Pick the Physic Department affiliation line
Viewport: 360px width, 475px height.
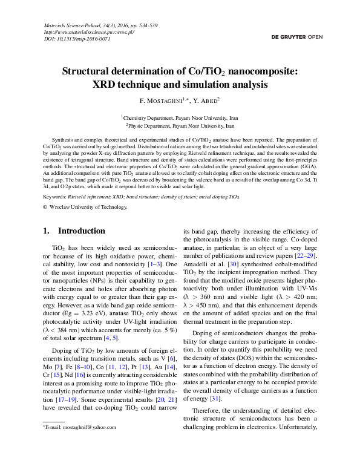pyautogui.click(x=179, y=126)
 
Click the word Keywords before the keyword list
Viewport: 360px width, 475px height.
pyautogui.click(x=55, y=197)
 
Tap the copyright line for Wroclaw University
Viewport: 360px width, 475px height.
pyautogui.click(x=88, y=207)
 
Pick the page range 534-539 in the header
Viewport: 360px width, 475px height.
pyautogui.click(x=145, y=25)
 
